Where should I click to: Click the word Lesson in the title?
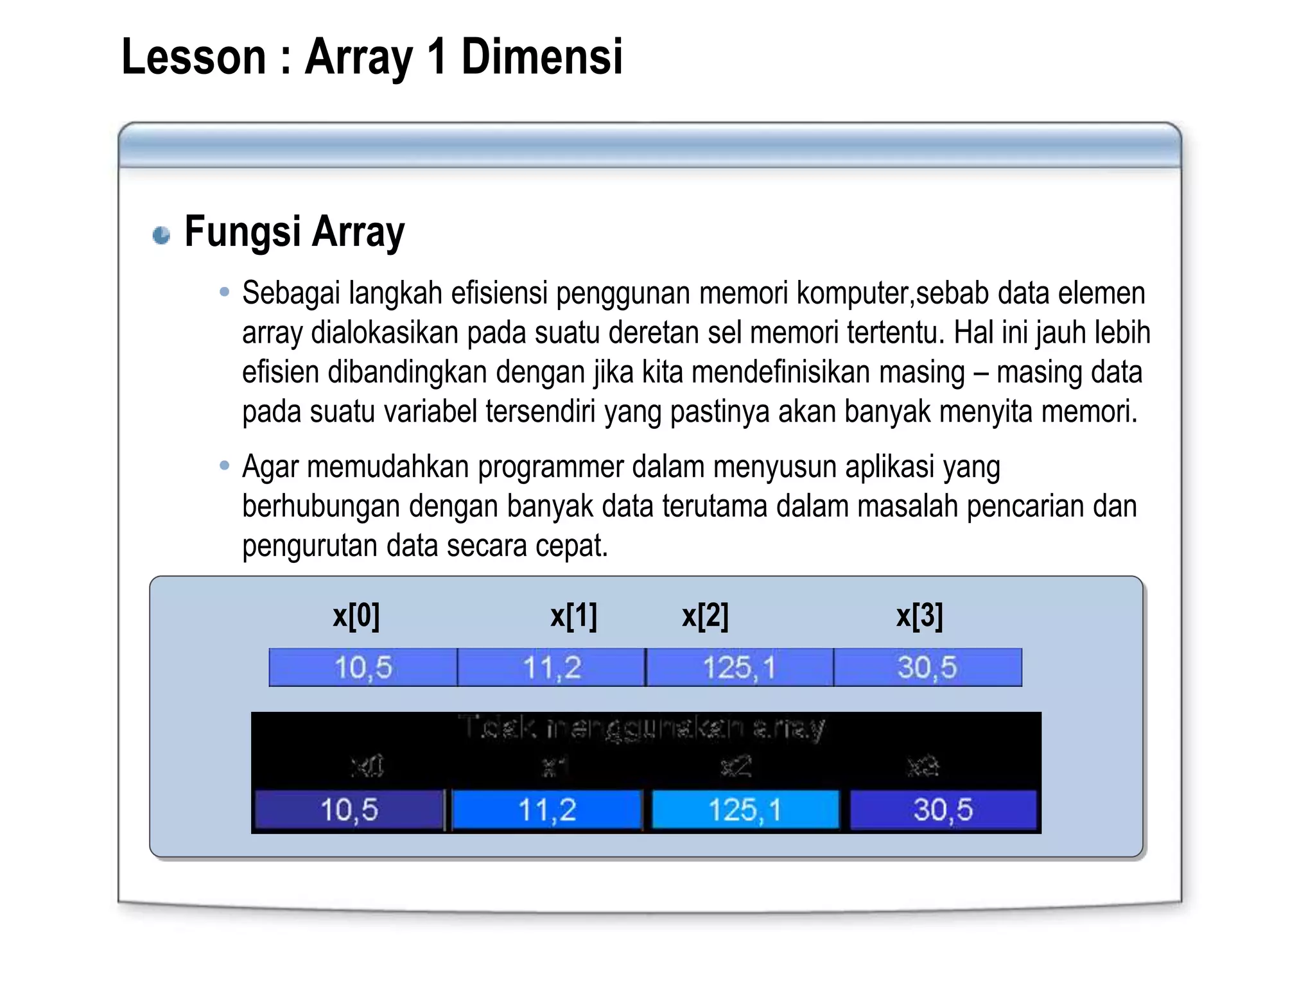point(193,57)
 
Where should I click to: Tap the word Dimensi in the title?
point(542,57)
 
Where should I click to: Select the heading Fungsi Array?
point(294,232)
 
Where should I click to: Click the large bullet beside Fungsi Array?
point(161,235)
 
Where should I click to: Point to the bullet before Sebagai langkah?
point(224,293)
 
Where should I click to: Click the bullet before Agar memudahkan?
point(224,466)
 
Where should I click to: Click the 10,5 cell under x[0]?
point(363,668)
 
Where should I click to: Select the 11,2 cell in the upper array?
point(552,668)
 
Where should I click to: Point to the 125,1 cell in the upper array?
point(740,668)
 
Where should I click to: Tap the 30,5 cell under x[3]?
point(928,668)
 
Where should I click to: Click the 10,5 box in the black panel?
point(349,810)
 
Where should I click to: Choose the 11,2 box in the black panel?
point(547,810)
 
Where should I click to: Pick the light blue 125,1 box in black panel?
point(745,810)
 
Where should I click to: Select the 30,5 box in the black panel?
point(943,810)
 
